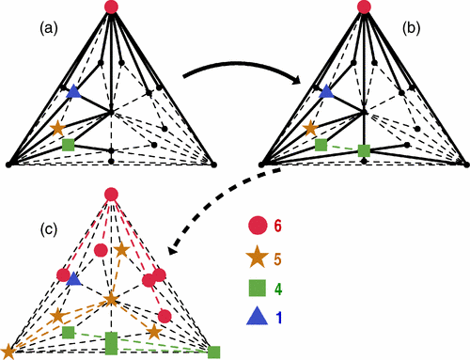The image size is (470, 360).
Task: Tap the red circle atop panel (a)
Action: coord(112,8)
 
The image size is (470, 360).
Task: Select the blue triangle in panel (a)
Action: coord(74,92)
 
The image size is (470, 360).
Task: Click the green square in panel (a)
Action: coord(68,146)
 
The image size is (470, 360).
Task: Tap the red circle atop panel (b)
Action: coord(364,8)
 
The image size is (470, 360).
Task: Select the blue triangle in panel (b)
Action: coord(327,92)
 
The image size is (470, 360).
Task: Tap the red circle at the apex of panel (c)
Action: coord(112,195)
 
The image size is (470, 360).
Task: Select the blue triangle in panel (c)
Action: coord(74,279)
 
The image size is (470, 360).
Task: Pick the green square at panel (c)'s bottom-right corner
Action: coord(214,352)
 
